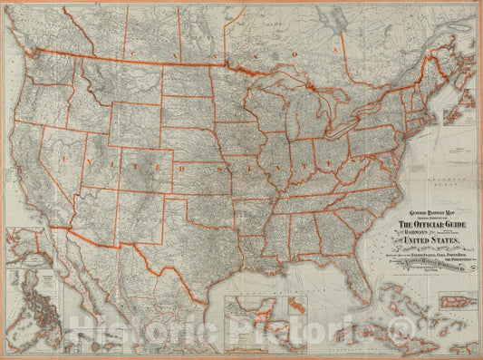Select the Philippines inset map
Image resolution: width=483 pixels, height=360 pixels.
[x=35, y=313]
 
